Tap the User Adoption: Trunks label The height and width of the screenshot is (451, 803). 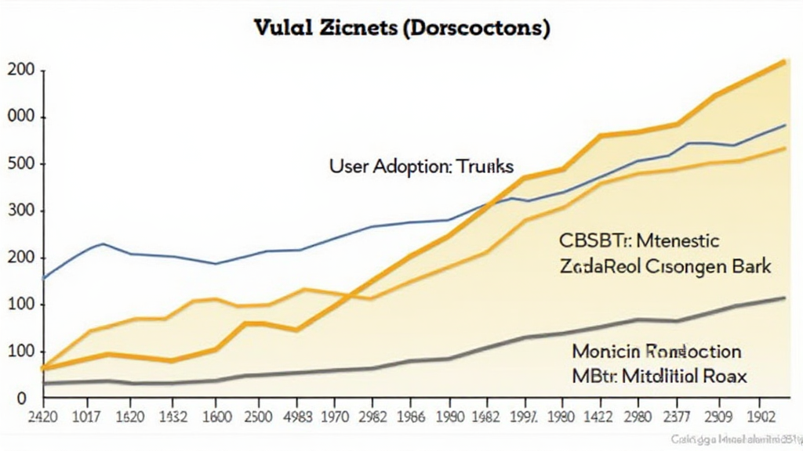(421, 166)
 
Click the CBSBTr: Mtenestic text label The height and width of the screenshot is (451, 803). (640, 240)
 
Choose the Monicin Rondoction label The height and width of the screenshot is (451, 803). (656, 351)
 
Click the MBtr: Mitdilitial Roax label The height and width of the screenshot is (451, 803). (659, 375)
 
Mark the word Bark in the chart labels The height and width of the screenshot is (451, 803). (750, 266)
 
